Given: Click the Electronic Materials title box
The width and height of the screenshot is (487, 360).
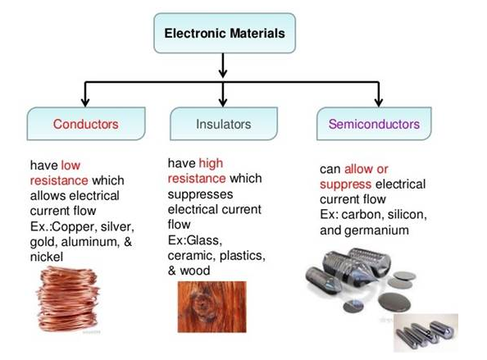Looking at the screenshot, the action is coord(225,33).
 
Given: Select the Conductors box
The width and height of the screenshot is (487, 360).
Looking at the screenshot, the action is coord(86,124).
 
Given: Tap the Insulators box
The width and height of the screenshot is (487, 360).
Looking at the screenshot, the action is coord(224,124).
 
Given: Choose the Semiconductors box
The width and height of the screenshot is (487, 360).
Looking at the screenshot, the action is coord(374,124).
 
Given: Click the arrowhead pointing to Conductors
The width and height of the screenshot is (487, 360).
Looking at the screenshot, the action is coord(85,103).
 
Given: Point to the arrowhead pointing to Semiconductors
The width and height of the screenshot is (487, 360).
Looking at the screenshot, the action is coord(378,103).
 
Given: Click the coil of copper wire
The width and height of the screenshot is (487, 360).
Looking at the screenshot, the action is coord(67,300).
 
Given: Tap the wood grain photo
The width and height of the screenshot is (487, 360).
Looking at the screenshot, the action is coord(212,307).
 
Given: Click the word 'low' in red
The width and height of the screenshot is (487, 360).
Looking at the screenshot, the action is coord(71,166).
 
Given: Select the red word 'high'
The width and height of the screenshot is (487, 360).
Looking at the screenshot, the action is coord(211,163).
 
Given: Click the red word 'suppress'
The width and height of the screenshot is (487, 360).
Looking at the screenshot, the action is coord(345,185).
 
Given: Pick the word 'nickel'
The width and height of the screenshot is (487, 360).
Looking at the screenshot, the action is coord(47,257).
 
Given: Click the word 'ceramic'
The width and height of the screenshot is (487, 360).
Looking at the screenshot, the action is coord(192,256).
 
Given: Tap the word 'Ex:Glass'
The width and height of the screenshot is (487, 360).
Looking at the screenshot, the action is coord(195,240).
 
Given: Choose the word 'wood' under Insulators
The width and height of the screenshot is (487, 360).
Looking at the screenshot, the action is coord(195,271).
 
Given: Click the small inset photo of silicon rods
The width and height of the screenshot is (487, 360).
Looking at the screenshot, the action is coord(426,333).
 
